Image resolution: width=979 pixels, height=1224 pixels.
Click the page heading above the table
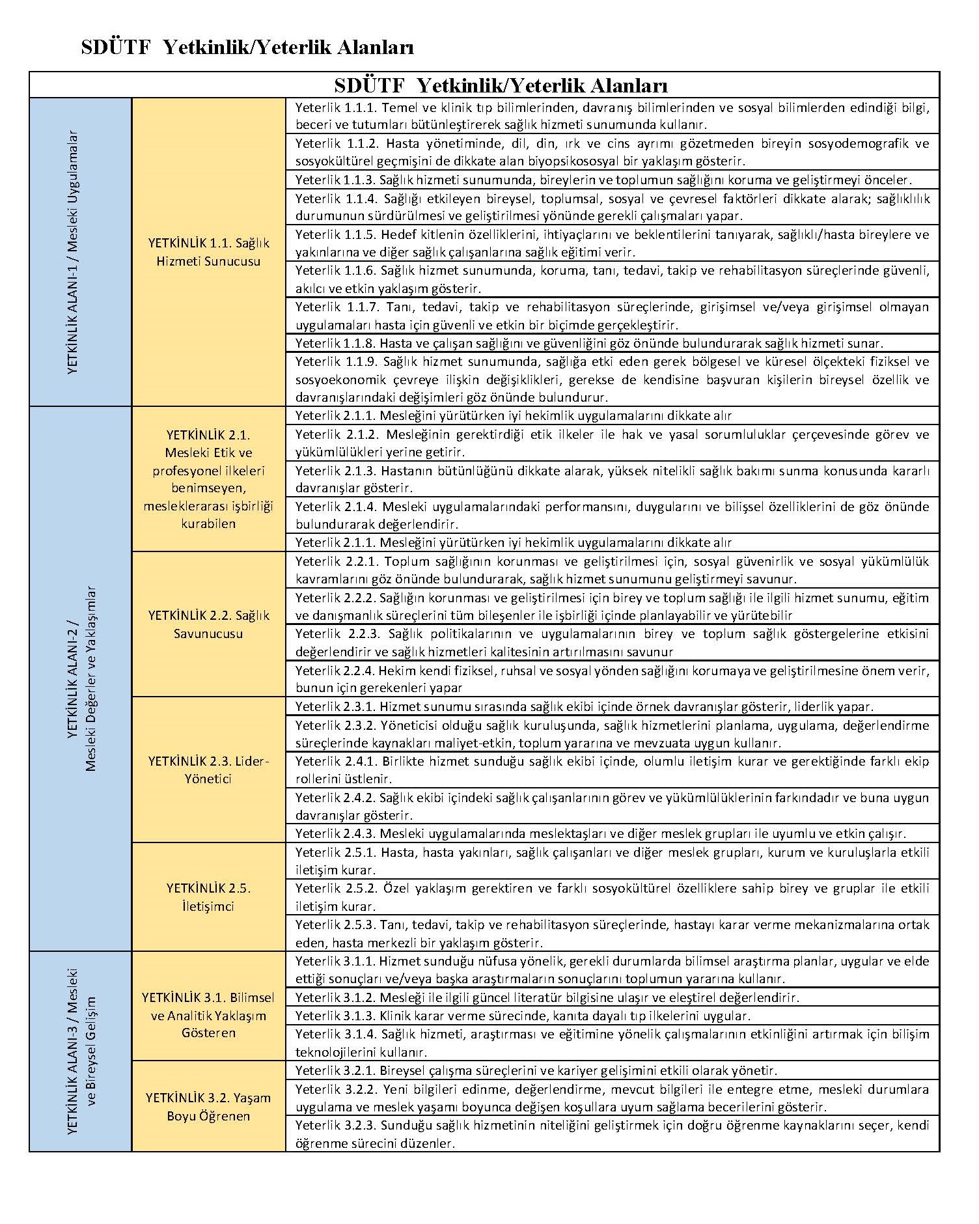tap(247, 48)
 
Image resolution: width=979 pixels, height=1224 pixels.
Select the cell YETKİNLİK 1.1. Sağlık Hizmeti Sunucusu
tap(208, 252)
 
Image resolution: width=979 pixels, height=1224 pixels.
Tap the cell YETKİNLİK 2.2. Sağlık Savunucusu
tap(208, 624)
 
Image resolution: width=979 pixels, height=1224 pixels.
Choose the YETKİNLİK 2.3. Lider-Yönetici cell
tap(208, 770)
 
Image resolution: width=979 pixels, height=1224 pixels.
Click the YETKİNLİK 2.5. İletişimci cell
tap(208, 897)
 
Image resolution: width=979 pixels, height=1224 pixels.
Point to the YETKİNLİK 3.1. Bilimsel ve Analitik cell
tap(208, 1015)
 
